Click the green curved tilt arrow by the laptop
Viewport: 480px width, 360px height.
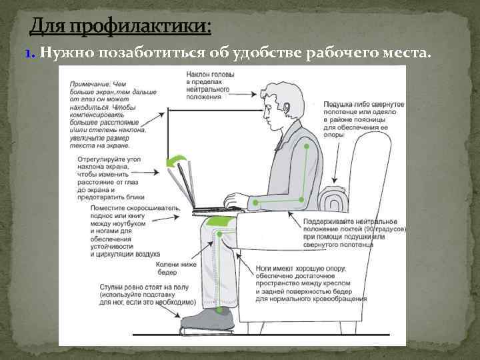tap(176, 162)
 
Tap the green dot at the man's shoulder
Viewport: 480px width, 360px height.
tap(305, 145)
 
